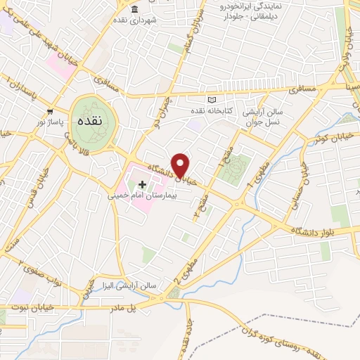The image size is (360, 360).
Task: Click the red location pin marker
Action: [x=181, y=165]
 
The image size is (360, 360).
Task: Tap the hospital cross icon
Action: [x=142, y=184]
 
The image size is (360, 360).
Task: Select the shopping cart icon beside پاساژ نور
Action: [x=50, y=112]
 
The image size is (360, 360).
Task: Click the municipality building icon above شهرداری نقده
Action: [x=134, y=9]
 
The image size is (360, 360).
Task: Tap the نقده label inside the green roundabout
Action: [x=93, y=120]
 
